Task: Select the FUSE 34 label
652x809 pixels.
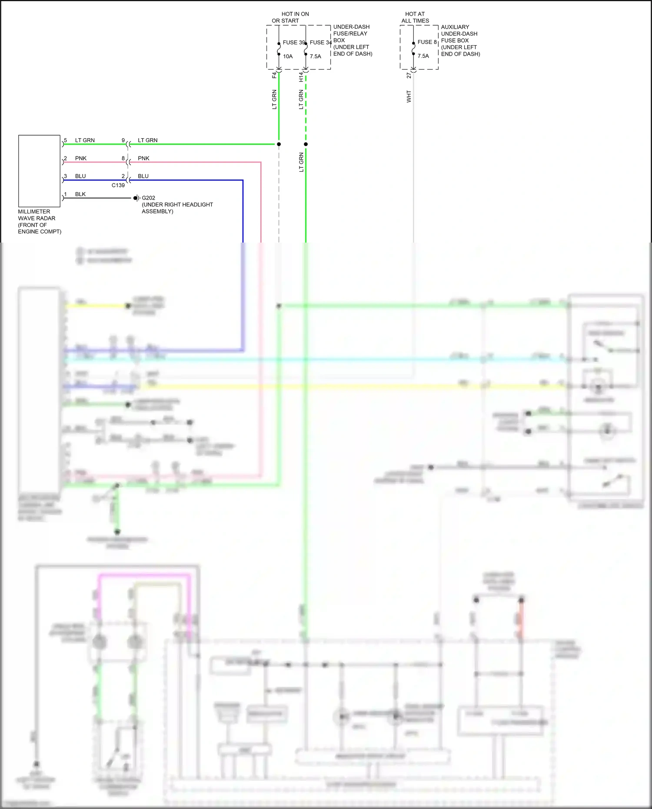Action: [320, 42]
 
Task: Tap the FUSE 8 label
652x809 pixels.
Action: [427, 42]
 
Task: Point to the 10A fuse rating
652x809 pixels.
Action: [288, 56]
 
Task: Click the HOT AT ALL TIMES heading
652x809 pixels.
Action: [415, 17]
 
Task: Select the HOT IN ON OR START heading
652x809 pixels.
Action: [290, 17]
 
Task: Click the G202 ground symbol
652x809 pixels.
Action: [136, 198]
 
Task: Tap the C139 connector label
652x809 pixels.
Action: [118, 185]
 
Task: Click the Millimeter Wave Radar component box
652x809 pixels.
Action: [39, 171]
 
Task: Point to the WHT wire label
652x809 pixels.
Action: [409, 97]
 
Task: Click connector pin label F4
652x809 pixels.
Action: [274, 75]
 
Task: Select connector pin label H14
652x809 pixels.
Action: [301, 77]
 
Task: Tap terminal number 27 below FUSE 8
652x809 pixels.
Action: [409, 76]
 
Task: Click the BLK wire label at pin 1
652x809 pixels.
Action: [80, 194]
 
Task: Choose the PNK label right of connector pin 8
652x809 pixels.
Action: [143, 158]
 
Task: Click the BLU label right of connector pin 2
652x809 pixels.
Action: [143, 176]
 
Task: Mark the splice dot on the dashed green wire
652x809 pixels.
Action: [306, 144]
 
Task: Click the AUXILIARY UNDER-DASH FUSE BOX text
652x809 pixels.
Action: [460, 40]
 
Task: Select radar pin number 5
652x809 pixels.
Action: [66, 140]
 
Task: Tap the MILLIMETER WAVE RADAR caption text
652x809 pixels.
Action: [39, 221]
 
